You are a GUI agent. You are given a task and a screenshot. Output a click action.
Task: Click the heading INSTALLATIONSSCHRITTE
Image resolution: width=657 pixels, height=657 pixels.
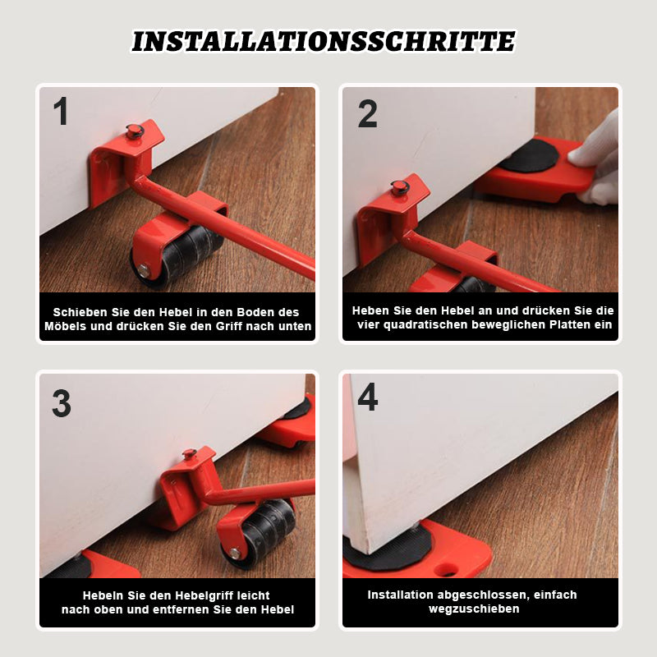pos(324,41)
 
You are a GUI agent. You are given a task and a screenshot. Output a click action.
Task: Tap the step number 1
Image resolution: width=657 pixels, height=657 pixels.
pos(61,111)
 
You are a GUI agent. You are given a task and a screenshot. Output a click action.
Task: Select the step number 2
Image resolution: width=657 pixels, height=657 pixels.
pos(367,113)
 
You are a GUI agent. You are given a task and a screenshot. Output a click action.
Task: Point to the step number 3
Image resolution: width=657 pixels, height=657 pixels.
pos(62,403)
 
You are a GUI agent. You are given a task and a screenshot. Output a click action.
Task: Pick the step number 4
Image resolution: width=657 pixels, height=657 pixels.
pos(367,397)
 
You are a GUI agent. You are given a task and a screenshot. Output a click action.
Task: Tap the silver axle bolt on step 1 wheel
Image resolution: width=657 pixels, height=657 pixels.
pos(145,271)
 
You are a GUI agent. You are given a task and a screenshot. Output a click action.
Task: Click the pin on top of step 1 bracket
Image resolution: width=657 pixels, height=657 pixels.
pos(135,131)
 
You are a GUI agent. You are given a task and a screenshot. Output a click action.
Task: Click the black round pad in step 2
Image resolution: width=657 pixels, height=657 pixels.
pos(529,156)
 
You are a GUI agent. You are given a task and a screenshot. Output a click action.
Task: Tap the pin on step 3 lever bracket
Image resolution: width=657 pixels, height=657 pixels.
pos(190,454)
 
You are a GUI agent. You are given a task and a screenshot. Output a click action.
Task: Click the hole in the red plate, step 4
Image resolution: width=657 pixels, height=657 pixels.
pos(447,569)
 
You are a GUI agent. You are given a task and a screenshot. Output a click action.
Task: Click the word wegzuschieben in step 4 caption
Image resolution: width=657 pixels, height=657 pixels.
pos(474,609)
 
